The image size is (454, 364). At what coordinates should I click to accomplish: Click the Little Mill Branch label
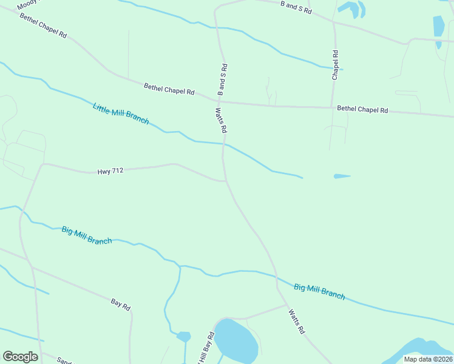121,113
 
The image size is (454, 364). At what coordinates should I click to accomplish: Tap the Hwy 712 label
110,172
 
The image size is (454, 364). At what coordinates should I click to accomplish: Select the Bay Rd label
121,304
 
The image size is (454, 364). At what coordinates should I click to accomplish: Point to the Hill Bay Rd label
206,349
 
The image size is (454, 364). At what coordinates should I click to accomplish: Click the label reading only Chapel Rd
334,65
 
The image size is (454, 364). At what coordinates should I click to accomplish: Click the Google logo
20,357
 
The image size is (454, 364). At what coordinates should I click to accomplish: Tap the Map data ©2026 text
428,359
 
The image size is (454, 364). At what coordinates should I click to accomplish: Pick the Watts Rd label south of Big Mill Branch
296,322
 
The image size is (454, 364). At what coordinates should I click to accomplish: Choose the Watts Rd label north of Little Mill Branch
221,120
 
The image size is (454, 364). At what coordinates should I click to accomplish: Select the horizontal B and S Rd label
296,7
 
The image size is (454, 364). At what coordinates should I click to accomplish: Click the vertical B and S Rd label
222,79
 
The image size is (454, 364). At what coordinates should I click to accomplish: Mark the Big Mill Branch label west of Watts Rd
87,235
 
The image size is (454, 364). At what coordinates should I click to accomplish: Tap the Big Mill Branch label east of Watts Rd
319,291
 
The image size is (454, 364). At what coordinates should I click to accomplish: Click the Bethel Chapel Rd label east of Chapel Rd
362,109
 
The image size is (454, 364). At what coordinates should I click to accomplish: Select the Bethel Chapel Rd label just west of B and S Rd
169,89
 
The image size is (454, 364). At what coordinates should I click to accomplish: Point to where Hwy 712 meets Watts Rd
226,181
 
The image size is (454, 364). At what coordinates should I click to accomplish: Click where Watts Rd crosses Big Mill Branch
277,280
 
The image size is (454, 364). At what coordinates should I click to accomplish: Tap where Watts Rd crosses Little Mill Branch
224,144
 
